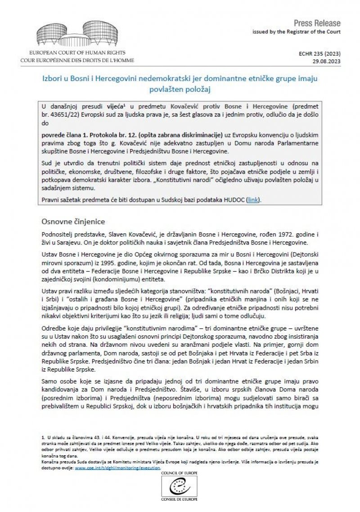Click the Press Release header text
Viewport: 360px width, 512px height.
[317, 23]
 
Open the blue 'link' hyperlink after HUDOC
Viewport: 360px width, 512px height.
[253, 199]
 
